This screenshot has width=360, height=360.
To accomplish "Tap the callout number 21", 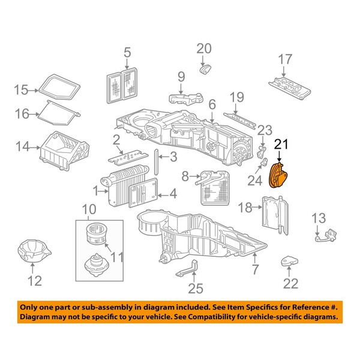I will [x=281, y=144].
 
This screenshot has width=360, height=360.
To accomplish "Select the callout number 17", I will [x=284, y=59].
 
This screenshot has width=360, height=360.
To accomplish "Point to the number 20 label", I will [x=204, y=48].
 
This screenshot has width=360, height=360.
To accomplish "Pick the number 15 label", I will [x=22, y=90].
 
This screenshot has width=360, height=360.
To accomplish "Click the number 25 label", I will [x=192, y=289].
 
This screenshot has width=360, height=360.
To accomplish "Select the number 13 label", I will [x=318, y=217].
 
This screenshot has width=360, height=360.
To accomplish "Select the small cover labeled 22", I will [x=290, y=261].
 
